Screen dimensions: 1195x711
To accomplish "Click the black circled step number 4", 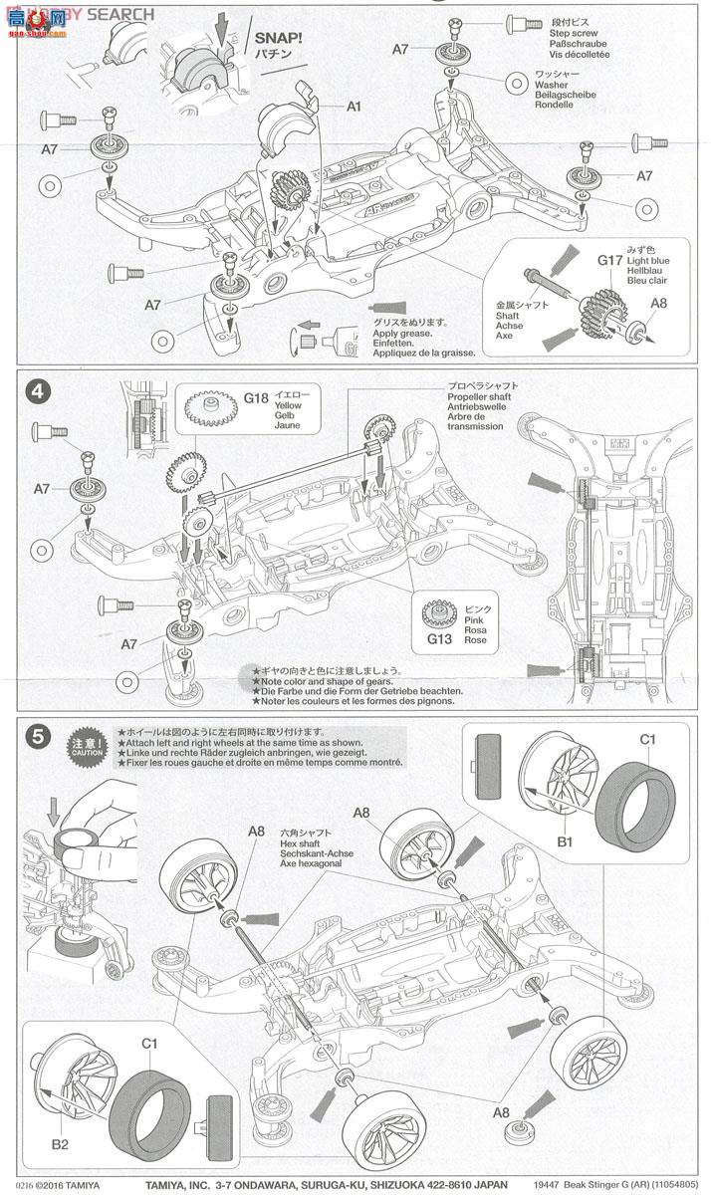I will pos(37,391).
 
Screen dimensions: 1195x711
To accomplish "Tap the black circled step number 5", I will pos(37,737).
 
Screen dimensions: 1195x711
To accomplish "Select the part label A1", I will pos(355,107).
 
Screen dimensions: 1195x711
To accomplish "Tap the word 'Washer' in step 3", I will pos(552,86).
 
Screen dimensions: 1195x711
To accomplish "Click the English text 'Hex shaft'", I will pos(302,842).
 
